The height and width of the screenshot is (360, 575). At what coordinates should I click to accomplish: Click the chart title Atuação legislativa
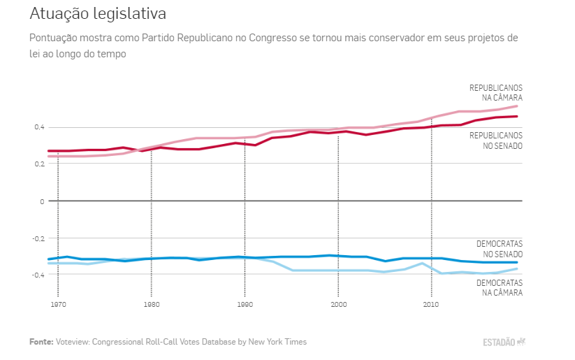point(98,14)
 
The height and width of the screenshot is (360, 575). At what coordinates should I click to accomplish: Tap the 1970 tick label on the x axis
point(58,305)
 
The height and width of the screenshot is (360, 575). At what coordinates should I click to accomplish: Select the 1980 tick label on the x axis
point(151,305)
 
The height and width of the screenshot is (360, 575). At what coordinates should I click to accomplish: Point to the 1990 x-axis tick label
point(245,305)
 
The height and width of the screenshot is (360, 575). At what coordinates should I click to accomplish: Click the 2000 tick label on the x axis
point(338,305)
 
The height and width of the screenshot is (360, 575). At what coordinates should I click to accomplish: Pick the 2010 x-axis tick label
point(431,305)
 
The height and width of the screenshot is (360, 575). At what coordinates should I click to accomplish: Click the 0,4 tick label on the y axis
point(38,127)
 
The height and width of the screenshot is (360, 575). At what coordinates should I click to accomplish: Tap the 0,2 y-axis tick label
point(38,164)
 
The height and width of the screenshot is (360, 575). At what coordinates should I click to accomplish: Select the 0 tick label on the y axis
point(42,201)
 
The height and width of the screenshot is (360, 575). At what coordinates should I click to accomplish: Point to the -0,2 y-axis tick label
point(36,238)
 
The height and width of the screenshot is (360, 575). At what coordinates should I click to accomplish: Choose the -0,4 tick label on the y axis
point(36,274)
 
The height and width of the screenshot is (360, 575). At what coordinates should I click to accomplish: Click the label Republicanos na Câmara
point(495,93)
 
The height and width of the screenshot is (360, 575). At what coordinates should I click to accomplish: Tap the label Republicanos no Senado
point(495,141)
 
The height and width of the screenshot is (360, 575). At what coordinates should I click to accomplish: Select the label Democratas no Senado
point(499,249)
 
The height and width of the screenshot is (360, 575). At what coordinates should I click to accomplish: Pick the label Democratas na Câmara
point(499,287)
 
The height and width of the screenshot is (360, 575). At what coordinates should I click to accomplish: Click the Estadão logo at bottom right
point(504,342)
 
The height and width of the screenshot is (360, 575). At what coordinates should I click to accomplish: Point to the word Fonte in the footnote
point(41,342)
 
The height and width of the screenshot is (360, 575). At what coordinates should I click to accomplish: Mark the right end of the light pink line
point(517,106)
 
